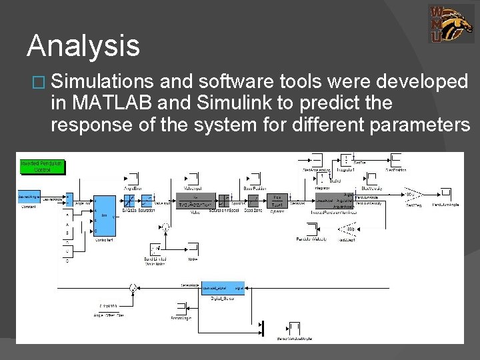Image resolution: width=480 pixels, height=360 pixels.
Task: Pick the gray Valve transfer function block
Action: (x=196, y=201)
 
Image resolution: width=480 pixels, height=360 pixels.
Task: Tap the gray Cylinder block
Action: (x=277, y=201)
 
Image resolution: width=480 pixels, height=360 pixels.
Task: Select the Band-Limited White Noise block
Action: (x=157, y=250)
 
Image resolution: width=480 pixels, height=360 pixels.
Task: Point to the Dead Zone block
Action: (x=253, y=199)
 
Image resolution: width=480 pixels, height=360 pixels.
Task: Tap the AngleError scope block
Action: (x=131, y=178)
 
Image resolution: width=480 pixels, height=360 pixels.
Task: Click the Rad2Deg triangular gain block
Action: (x=411, y=195)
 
